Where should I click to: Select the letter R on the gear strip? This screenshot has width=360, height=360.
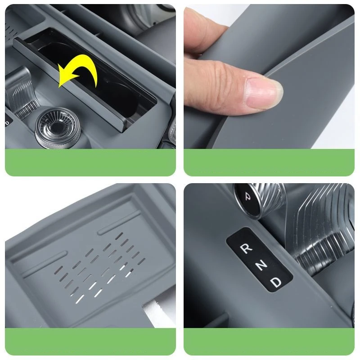(x=246, y=249)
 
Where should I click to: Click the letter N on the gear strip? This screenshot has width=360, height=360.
(x=261, y=265)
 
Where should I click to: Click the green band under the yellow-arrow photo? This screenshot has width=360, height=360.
(x=90, y=162)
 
